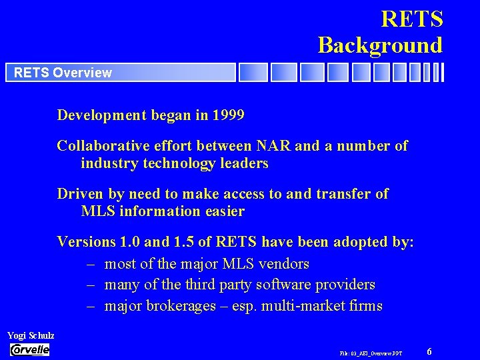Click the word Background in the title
click(380, 45)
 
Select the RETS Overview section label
click(63, 73)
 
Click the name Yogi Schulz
click(31, 335)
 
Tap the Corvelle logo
click(30, 349)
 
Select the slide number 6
click(429, 351)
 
